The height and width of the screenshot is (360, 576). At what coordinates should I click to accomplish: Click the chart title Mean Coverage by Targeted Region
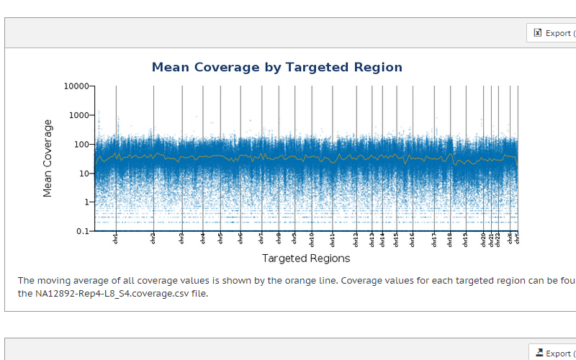[276, 68]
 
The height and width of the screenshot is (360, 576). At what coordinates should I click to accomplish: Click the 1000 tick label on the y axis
[79, 115]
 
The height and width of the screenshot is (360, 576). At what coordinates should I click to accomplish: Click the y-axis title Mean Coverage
[48, 158]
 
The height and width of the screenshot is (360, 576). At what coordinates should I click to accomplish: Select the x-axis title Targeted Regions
[306, 258]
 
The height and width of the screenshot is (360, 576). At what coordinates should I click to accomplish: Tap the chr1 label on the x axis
[116, 238]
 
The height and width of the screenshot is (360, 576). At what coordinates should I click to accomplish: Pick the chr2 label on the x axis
[153, 238]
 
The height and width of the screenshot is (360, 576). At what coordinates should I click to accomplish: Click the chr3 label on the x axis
[181, 238]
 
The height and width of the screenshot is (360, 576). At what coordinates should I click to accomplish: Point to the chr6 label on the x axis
[240, 238]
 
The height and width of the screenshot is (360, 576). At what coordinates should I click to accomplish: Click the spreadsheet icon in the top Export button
[537, 32]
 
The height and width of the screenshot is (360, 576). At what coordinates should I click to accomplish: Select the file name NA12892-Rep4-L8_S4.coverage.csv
[112, 294]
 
